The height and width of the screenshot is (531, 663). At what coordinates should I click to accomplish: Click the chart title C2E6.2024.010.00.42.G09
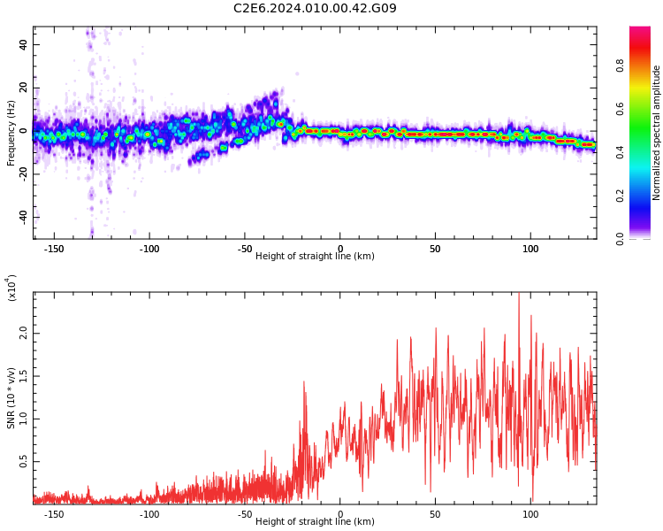[x=315, y=9]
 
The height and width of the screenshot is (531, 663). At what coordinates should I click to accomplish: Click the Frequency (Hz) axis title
[x=11, y=133]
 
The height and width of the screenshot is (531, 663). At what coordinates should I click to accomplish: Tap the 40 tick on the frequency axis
[x=23, y=44]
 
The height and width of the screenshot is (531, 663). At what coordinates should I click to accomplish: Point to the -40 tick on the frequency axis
[x=21, y=217]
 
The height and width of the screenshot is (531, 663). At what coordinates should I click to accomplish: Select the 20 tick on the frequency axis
[x=23, y=88]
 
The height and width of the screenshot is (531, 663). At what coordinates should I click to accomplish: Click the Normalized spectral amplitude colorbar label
[x=657, y=133]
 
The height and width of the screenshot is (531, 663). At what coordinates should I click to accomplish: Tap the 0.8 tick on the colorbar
[x=644, y=65]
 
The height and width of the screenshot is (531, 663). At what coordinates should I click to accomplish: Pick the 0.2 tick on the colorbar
[x=644, y=195]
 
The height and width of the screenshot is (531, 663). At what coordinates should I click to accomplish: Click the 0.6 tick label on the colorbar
[x=644, y=108]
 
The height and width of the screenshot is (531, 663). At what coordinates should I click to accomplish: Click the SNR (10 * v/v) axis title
[x=11, y=398]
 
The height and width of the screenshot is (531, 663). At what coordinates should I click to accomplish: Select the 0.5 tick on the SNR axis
[x=23, y=462]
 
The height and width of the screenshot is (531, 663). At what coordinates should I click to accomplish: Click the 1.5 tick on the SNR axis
[x=23, y=375]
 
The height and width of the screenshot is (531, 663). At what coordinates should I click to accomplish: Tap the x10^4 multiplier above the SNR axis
[x=11, y=288]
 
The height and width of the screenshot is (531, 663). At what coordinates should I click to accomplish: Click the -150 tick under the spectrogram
[x=54, y=250]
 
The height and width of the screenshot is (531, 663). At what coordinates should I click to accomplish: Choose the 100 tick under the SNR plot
[x=530, y=514]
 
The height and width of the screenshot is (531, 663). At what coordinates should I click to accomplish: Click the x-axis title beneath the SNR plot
[x=315, y=522]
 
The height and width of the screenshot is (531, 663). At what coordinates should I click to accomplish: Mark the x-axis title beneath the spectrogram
[x=315, y=257]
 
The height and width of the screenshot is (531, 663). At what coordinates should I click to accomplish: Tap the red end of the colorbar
[x=640, y=31]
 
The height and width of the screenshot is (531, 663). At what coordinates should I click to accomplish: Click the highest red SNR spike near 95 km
[x=519, y=296]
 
